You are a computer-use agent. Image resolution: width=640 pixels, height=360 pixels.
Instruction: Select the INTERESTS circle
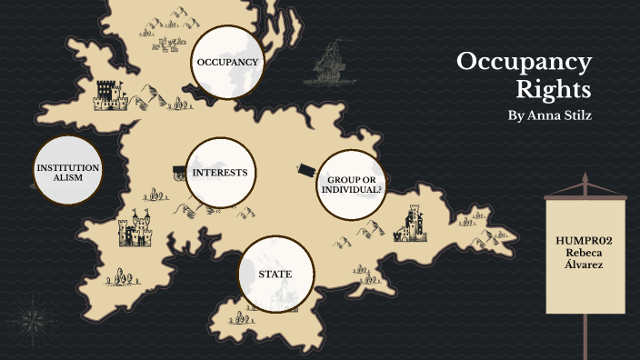pos(220,172)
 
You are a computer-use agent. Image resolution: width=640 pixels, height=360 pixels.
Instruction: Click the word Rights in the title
pos(554,91)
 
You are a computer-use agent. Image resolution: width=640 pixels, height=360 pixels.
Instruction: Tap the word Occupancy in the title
pos(524,63)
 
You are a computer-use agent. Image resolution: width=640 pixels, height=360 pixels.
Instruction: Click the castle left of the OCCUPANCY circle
pos(109,92)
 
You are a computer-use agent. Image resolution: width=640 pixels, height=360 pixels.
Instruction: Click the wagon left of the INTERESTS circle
pos(179,172)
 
